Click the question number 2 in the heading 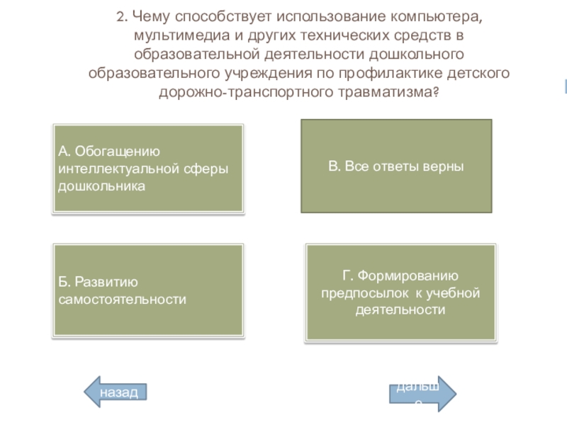(x=121, y=16)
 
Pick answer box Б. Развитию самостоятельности (x=149, y=290)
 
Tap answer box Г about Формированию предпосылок (x=401, y=293)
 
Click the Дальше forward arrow (x=421, y=393)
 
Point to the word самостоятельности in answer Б (x=122, y=300)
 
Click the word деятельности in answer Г (x=401, y=310)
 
